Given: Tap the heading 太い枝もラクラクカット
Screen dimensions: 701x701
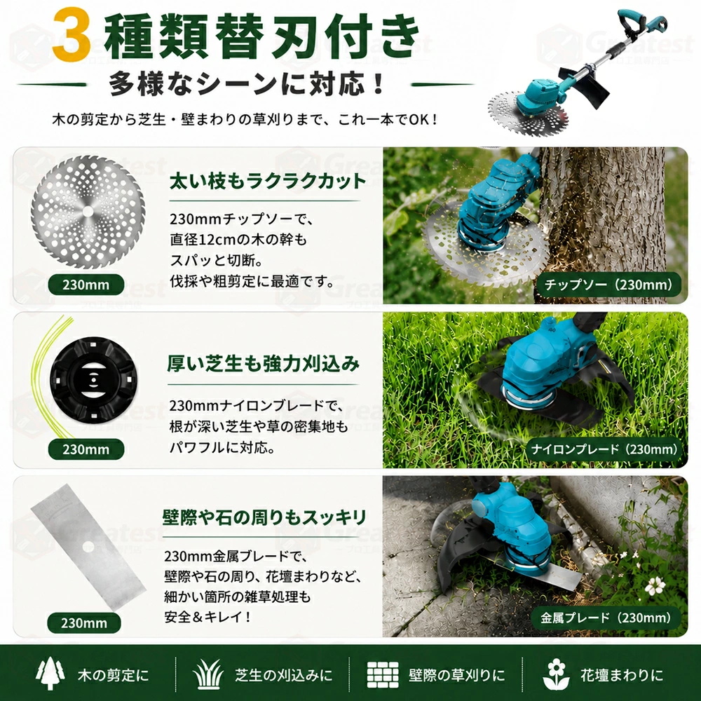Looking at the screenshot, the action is click(268, 181).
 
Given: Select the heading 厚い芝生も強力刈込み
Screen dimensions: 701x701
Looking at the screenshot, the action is click(264, 363).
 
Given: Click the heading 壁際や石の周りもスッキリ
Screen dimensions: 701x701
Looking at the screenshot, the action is click(265, 517).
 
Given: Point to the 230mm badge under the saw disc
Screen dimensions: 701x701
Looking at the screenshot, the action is click(86, 285).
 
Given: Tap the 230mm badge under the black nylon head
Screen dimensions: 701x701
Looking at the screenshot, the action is click(86, 449).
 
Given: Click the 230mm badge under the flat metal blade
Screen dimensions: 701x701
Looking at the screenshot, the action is click(84, 622).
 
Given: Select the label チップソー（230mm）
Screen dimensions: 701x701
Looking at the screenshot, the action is click(608, 285).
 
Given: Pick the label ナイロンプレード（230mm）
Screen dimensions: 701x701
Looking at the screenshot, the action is click(604, 449).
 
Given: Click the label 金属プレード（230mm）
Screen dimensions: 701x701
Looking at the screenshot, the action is click(606, 618).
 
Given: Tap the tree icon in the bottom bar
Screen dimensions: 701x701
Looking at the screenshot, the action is click(50, 673).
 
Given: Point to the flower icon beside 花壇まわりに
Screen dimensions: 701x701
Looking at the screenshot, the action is click(556, 674).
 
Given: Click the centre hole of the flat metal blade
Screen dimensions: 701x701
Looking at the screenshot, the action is click(88, 546).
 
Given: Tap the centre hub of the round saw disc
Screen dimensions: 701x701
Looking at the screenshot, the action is click(88, 211).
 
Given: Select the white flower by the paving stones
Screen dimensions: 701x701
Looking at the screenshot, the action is click(655, 585).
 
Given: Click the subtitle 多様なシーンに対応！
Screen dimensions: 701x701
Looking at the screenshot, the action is click(247, 83).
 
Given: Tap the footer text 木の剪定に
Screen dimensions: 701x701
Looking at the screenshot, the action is click(114, 674).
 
